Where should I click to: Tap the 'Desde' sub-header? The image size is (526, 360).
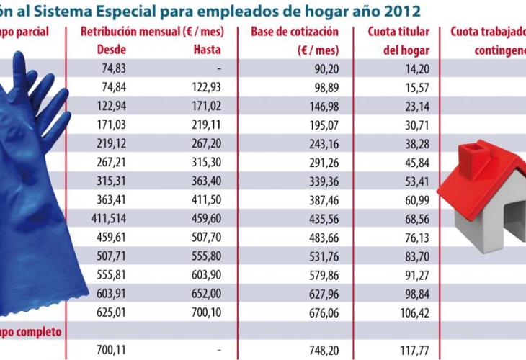tap(111, 50)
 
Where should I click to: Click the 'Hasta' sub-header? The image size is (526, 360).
tap(208, 50)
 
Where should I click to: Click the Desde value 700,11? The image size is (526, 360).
tap(110, 349)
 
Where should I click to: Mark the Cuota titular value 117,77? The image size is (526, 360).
tap(412, 349)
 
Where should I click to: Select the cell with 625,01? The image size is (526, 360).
tap(110, 314)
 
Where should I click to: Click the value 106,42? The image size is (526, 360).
tap(412, 314)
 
